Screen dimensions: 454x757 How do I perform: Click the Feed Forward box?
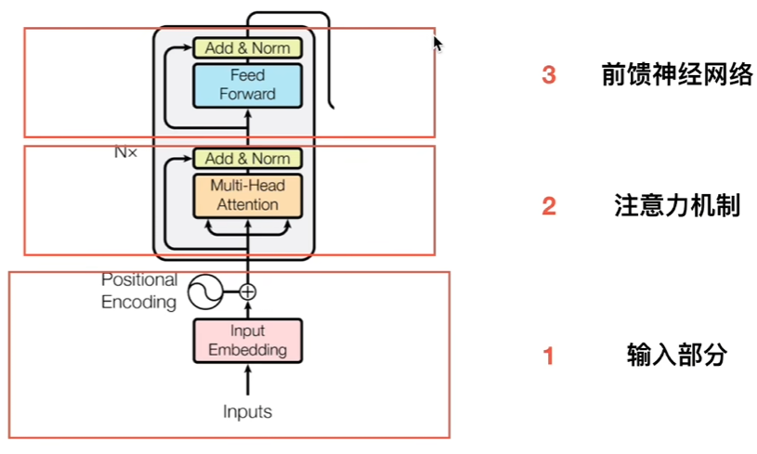pos(247,84)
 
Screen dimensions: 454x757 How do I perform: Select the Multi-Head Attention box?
pos(247,195)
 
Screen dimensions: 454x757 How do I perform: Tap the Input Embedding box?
pos(247,341)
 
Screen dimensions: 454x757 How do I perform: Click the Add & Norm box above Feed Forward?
pos(247,48)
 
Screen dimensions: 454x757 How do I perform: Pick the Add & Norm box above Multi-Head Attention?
pos(247,159)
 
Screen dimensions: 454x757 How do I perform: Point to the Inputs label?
pos(247,410)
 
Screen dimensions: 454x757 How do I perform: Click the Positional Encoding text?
pos(139,291)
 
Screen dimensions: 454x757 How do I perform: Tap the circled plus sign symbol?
pos(247,292)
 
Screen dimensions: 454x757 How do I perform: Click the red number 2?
pos(549,206)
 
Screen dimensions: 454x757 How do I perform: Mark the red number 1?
pos(549,356)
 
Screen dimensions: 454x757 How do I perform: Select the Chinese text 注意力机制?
pos(677,205)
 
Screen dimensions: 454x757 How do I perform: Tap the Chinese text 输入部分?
pos(676,355)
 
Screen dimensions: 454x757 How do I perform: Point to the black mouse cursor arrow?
pos(437,43)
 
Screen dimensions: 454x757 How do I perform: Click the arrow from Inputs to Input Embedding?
pos(247,379)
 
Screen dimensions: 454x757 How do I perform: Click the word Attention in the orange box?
pos(247,204)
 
